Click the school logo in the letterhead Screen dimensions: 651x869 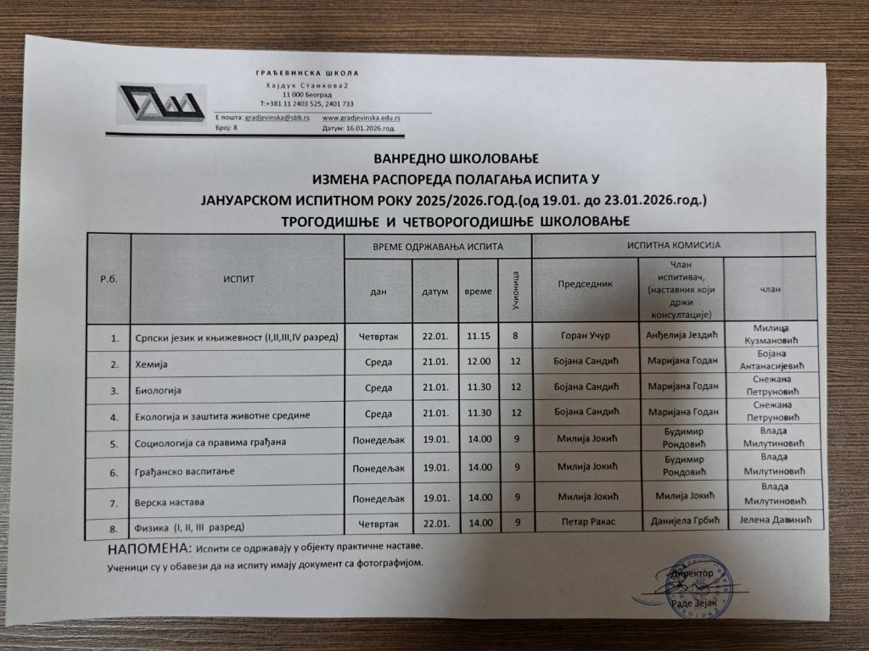click(161, 108)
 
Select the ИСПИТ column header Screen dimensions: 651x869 click(239, 279)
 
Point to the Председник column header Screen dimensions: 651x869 click(585, 285)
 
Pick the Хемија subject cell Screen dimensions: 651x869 click(153, 364)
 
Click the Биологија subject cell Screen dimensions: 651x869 click(160, 392)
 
